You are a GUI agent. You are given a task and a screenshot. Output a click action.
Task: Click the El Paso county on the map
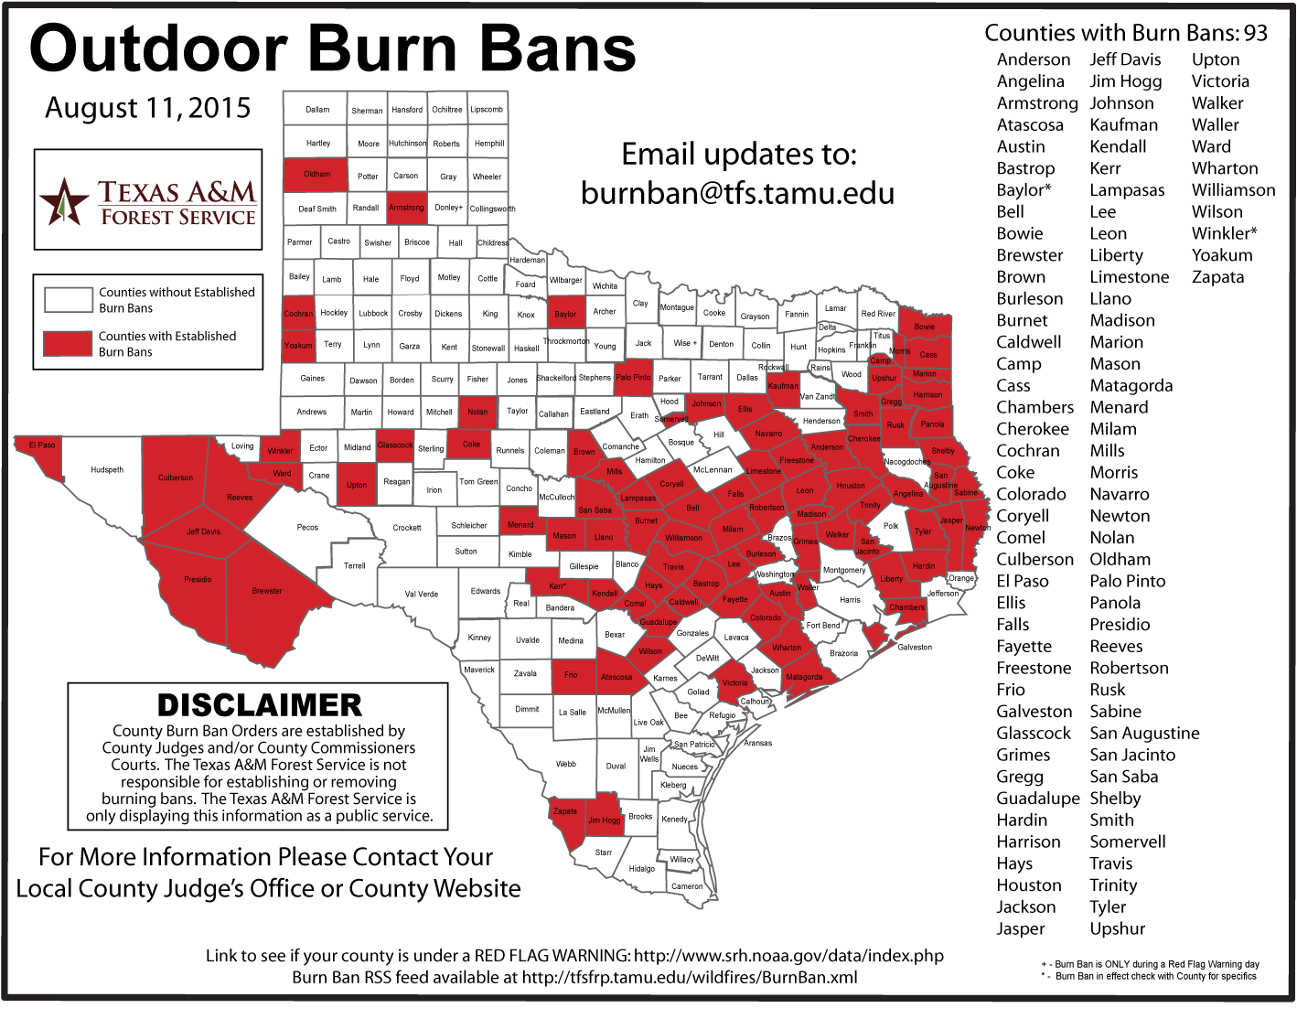[42, 445]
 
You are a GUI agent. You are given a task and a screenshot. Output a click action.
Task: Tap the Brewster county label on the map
[267, 591]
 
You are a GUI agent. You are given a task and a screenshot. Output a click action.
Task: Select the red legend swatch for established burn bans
[68, 343]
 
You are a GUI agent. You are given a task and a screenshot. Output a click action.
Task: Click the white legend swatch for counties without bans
[68, 299]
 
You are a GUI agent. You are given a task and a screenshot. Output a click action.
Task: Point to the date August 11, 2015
[147, 108]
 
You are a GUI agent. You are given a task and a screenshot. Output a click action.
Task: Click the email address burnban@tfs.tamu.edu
[737, 193]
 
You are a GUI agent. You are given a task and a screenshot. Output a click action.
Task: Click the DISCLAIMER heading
[259, 705]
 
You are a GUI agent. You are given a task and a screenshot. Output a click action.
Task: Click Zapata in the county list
[1217, 277]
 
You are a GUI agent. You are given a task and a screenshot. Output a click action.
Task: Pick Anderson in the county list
[1033, 59]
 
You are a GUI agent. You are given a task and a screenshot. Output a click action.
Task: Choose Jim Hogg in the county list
[1125, 81]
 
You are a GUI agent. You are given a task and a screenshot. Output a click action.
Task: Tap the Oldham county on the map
[317, 174]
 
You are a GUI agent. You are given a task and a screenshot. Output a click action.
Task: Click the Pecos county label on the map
[307, 528]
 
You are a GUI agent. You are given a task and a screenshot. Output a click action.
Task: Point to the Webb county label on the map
[566, 765]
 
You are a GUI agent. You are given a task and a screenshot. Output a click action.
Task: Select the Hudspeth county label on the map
[107, 470]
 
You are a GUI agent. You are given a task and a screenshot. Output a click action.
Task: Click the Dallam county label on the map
[317, 109]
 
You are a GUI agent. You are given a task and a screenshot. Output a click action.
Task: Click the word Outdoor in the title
[158, 49]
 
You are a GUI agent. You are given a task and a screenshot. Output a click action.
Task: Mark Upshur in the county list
[1117, 928]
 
